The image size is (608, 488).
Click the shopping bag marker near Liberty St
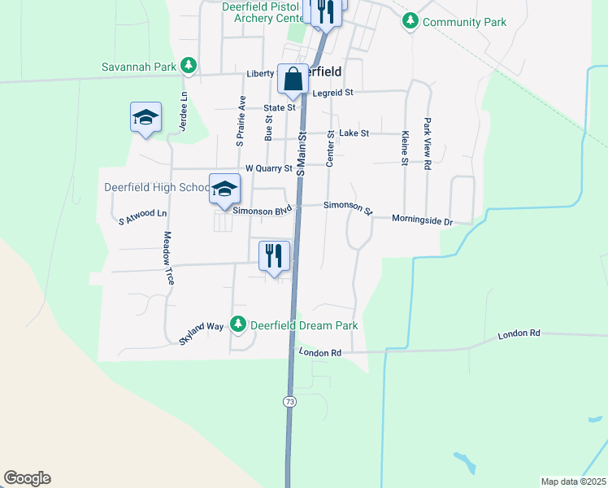(x=293, y=80)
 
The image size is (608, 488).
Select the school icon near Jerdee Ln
(x=145, y=118)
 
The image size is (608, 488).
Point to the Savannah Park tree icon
(x=189, y=65)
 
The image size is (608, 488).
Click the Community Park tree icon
(x=411, y=21)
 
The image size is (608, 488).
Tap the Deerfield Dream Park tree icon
(x=238, y=325)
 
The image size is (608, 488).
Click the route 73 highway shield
(x=289, y=402)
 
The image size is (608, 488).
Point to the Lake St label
(x=354, y=133)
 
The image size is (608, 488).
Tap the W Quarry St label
(x=269, y=168)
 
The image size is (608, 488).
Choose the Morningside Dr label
(x=421, y=220)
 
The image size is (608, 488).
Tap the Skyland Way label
(x=201, y=333)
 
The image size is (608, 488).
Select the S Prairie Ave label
(x=241, y=121)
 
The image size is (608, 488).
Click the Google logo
(x=27, y=478)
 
